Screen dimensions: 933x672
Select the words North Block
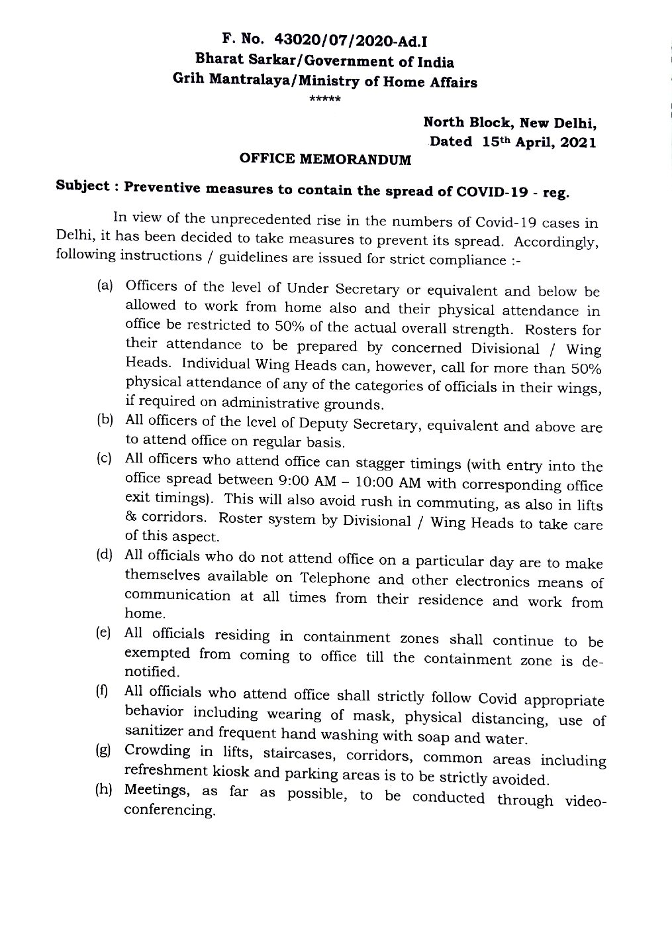(467, 122)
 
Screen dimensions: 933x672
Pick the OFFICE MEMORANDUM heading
(325, 159)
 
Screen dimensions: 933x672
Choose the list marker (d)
(105, 555)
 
